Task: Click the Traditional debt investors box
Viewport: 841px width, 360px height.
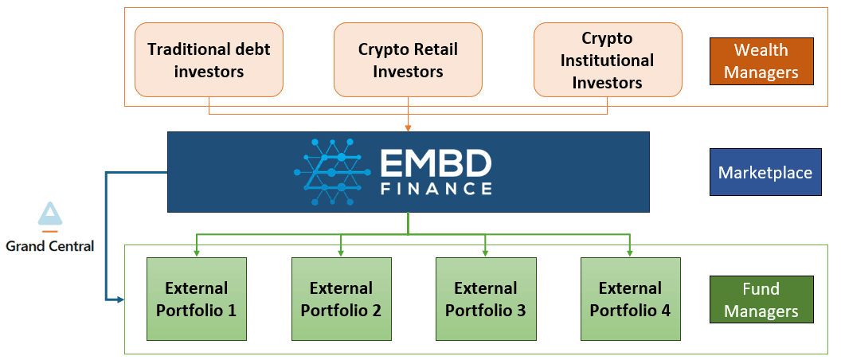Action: [209, 60]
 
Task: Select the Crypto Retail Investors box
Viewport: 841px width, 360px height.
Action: [408, 60]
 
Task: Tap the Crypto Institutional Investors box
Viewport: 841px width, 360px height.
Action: [607, 60]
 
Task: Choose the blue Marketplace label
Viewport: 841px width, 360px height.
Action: [765, 173]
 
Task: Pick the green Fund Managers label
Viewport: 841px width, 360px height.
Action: [761, 299]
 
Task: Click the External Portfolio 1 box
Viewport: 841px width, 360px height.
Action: [196, 299]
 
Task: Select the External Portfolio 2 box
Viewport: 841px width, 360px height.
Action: [341, 299]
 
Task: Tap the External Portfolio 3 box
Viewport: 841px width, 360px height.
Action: [485, 299]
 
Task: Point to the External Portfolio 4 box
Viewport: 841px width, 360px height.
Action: [630, 299]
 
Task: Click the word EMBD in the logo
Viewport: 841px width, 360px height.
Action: [435, 163]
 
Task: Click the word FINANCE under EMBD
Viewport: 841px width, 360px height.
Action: [435, 189]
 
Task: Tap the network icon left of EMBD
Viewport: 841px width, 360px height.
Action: [333, 172]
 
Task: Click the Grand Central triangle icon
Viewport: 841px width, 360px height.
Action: [49, 213]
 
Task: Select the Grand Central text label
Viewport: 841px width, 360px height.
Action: [49, 246]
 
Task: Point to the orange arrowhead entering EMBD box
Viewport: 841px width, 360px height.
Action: [408, 127]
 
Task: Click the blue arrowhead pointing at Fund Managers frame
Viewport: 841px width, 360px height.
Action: [120, 299]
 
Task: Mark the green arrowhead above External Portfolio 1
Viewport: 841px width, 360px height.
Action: [196, 252]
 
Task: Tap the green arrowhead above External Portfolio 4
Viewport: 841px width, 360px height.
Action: [630, 252]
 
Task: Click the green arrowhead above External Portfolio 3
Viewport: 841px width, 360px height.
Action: [485, 252]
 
